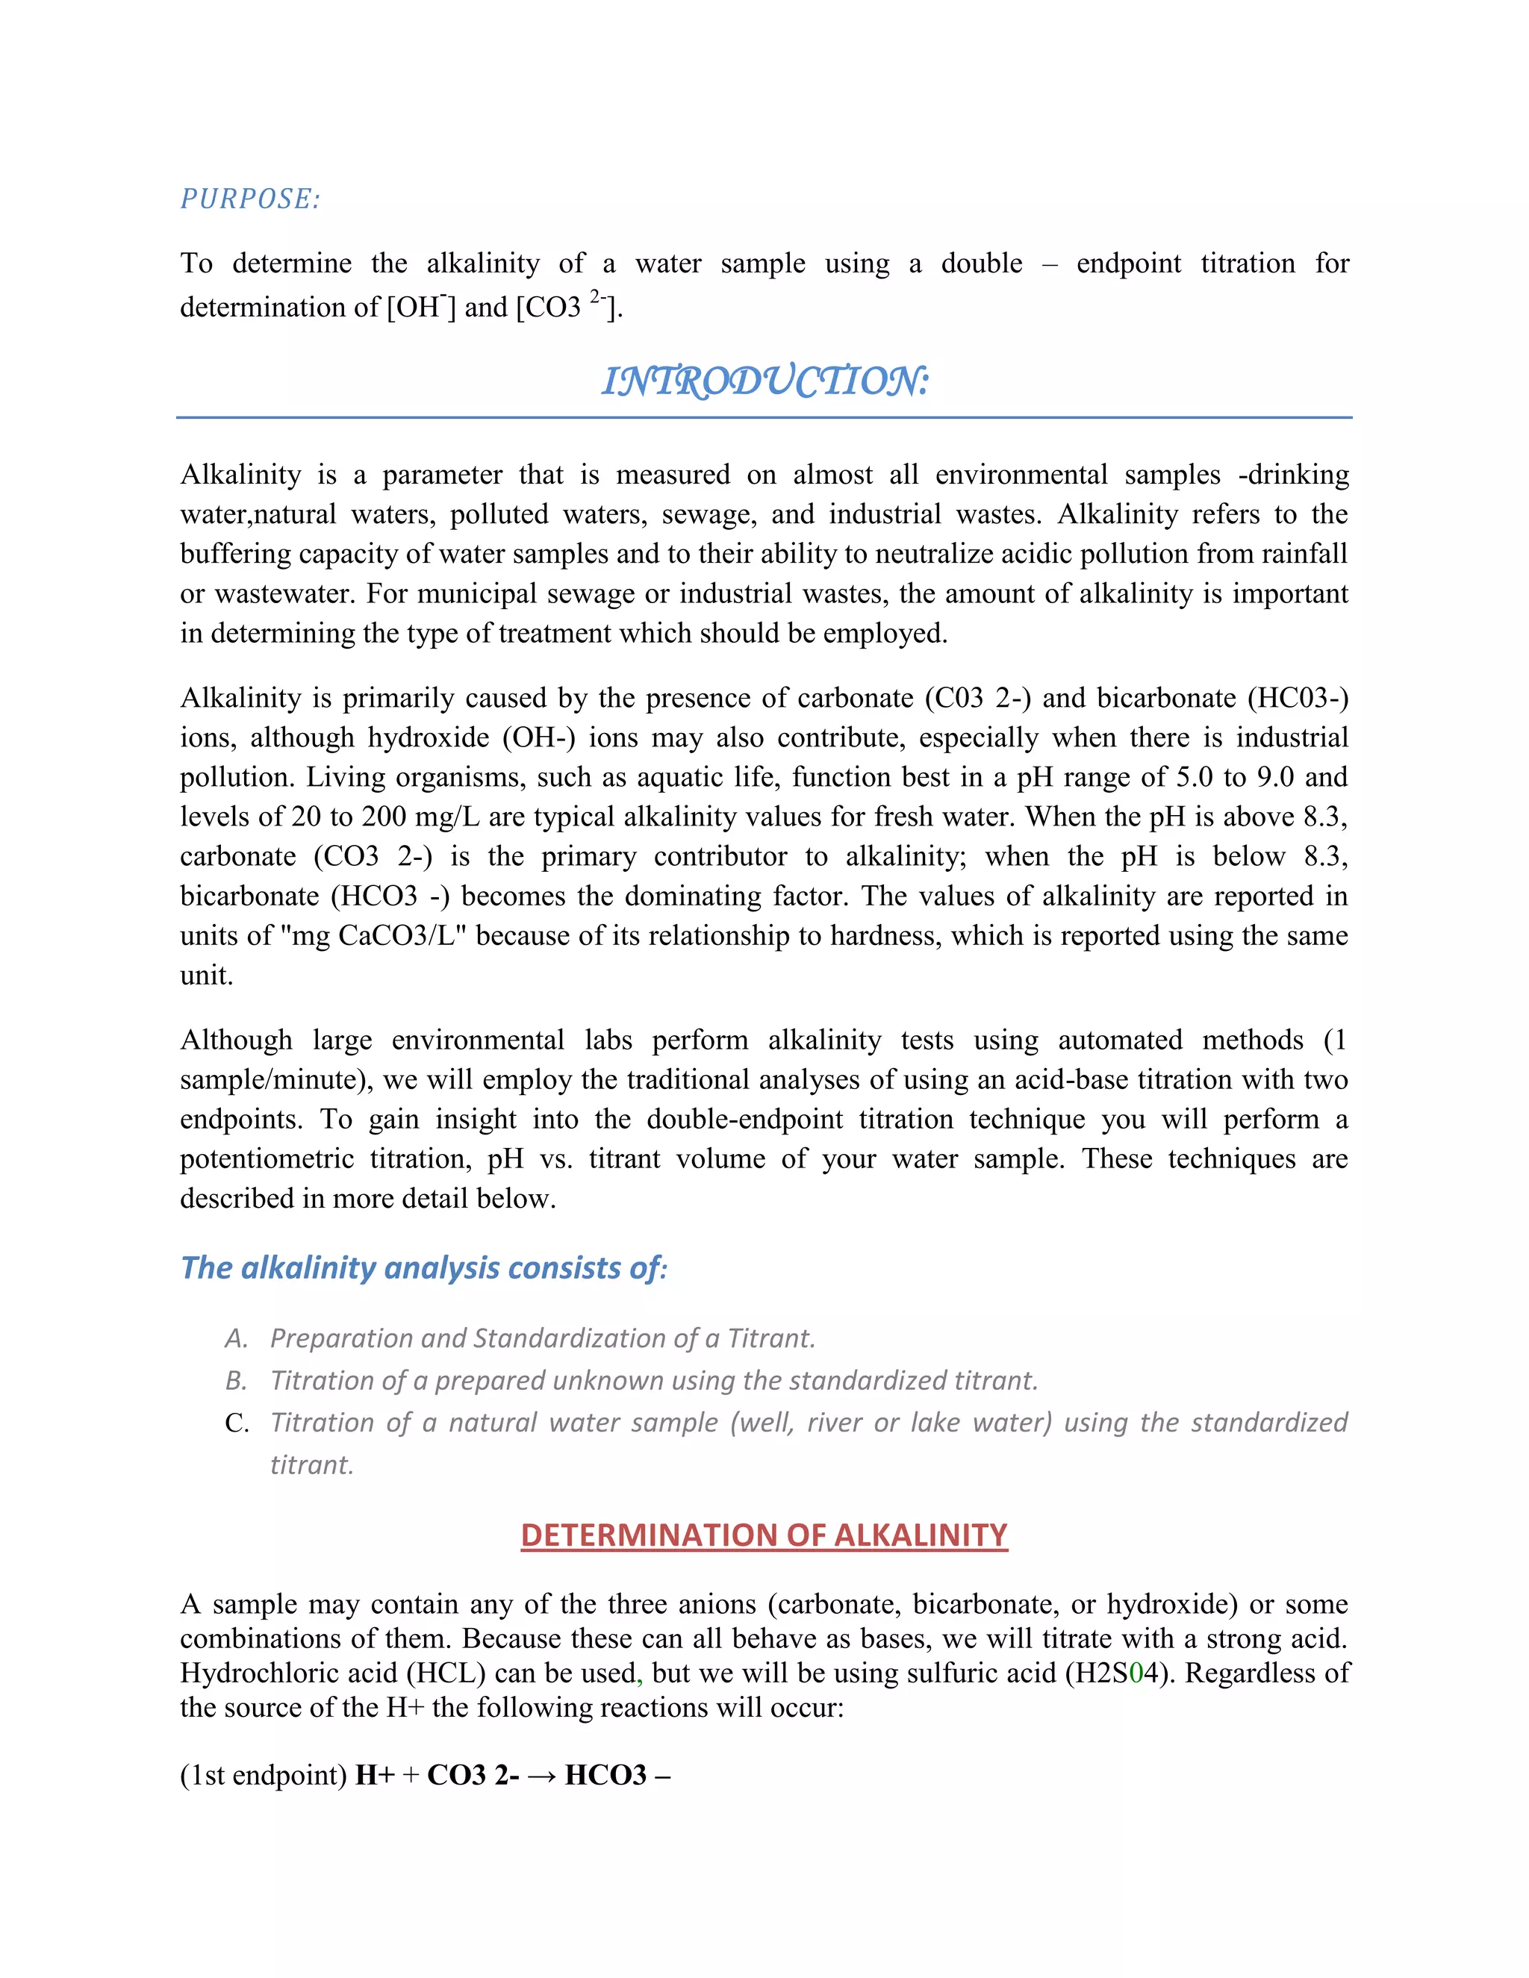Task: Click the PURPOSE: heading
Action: click(x=250, y=199)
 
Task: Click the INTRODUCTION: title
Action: click(x=764, y=381)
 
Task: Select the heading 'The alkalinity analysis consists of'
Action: click(x=423, y=1267)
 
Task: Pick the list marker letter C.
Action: click(x=237, y=1423)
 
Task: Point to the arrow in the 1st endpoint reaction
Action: click(x=542, y=1774)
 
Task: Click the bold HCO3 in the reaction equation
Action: click(x=605, y=1774)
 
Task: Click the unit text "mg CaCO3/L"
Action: click(x=381, y=935)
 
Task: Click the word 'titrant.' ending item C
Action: click(x=311, y=1464)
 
